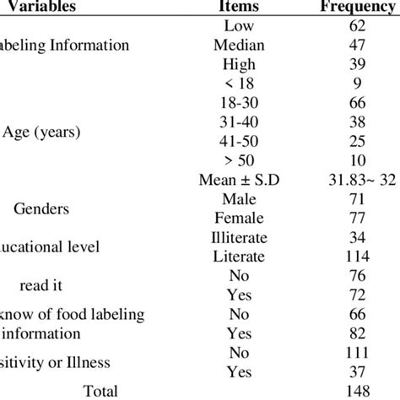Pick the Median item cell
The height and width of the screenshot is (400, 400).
239,46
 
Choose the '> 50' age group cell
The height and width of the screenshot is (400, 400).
239,159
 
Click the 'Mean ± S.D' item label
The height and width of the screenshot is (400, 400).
239,179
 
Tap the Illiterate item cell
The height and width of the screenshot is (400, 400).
239,237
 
